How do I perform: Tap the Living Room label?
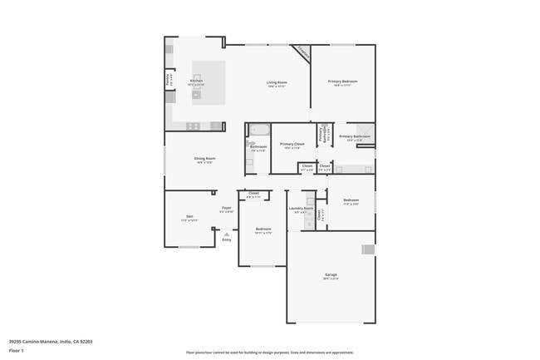click(277, 83)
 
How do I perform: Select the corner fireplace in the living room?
click(302, 52)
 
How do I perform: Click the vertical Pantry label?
click(169, 80)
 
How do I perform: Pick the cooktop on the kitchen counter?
click(193, 126)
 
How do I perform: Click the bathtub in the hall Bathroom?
click(259, 130)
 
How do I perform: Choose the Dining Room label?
click(204, 160)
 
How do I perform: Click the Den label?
click(189, 218)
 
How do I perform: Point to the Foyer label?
click(226, 210)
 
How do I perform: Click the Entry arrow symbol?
click(226, 234)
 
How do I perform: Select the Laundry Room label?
click(301, 210)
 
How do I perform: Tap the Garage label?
click(331, 275)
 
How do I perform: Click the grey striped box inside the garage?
click(368, 249)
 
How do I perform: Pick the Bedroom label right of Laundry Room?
click(351, 201)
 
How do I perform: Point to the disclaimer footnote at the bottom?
click(269, 353)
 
